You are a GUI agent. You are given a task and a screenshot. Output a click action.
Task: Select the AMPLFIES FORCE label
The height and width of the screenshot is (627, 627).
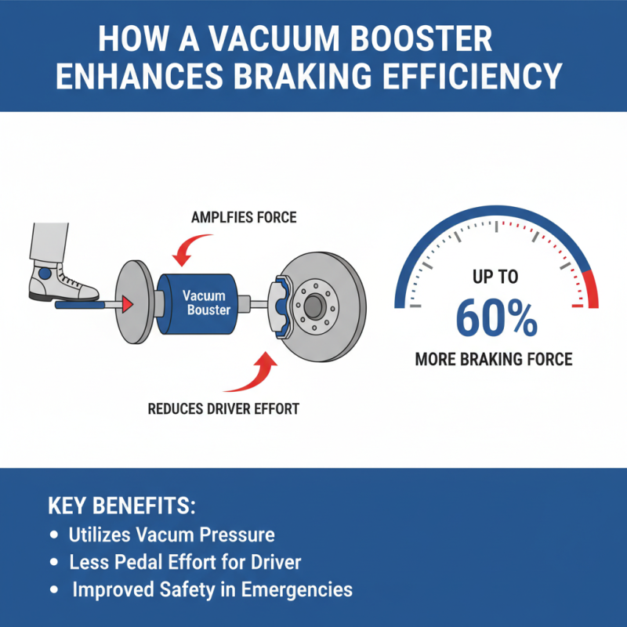point(244,217)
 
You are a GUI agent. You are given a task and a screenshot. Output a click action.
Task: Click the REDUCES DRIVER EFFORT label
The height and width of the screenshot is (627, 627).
point(223,408)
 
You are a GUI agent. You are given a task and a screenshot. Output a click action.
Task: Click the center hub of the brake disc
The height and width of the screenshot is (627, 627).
point(316,305)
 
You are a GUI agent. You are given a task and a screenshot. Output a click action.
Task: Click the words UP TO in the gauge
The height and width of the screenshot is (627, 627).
point(495,277)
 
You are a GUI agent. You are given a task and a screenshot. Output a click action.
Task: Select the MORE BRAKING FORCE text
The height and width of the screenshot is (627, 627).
point(493,361)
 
